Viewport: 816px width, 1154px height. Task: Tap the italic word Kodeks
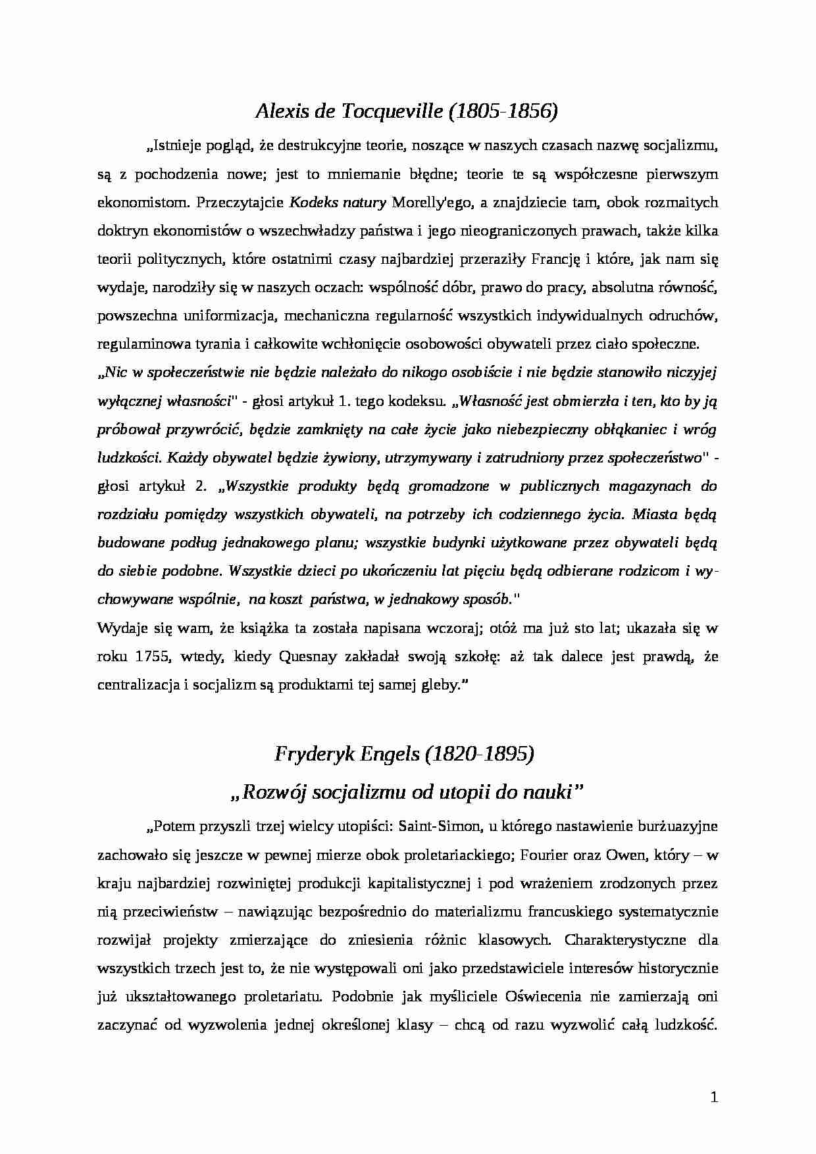(x=311, y=202)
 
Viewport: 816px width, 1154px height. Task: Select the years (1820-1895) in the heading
(x=480, y=754)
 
